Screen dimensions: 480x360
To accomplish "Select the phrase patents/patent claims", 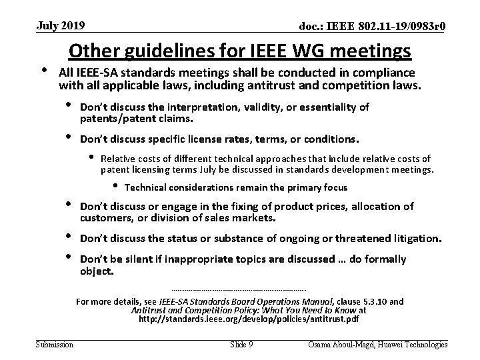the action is point(136,119).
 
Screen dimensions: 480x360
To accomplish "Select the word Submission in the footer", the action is point(55,344).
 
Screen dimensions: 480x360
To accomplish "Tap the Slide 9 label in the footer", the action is point(241,344).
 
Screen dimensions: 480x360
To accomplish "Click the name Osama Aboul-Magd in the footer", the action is point(341,344).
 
